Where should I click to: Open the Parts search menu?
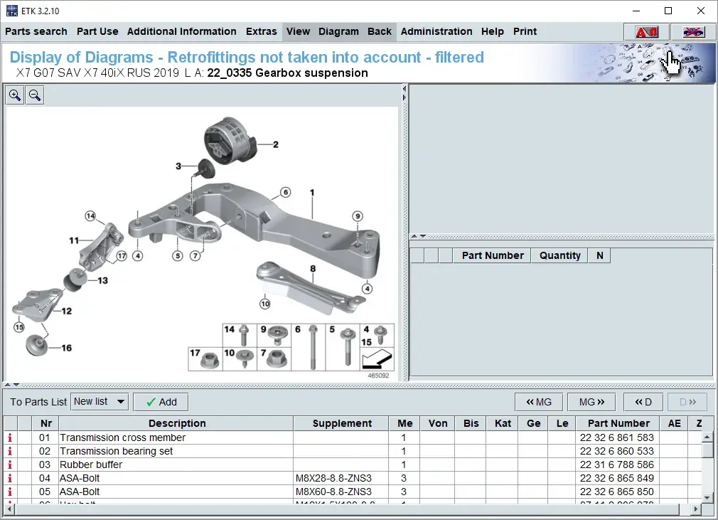coord(36,31)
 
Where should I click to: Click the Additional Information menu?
coord(181,31)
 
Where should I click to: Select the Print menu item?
coord(525,31)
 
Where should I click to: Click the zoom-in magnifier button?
coord(15,95)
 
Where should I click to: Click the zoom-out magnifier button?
coord(34,95)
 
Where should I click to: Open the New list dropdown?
coord(100,402)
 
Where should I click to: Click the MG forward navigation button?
coord(591,402)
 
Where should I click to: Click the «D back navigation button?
coord(643,402)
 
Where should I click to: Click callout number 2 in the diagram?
coord(276,144)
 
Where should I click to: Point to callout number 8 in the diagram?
coord(312,268)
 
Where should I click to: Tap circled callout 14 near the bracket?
coord(90,216)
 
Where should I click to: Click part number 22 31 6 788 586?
coord(616,465)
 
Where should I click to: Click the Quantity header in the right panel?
coord(559,255)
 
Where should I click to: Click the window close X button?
coord(700,11)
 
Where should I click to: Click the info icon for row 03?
coord(10,465)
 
